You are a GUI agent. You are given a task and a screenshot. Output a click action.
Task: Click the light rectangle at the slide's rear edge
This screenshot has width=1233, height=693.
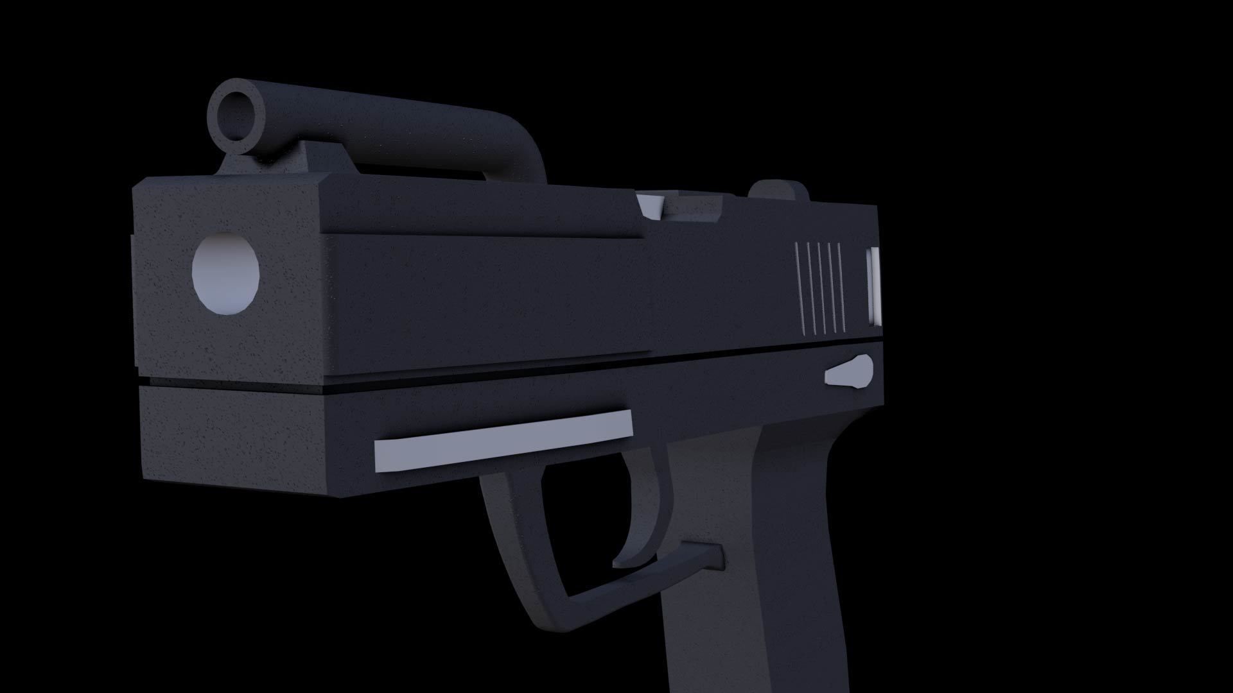coord(874,286)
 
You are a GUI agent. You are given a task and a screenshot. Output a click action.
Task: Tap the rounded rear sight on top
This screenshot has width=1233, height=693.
coord(779,191)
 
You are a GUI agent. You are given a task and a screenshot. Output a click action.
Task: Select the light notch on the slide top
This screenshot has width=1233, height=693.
coord(651,205)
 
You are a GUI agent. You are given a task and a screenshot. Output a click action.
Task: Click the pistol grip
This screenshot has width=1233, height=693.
coord(758,577)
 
